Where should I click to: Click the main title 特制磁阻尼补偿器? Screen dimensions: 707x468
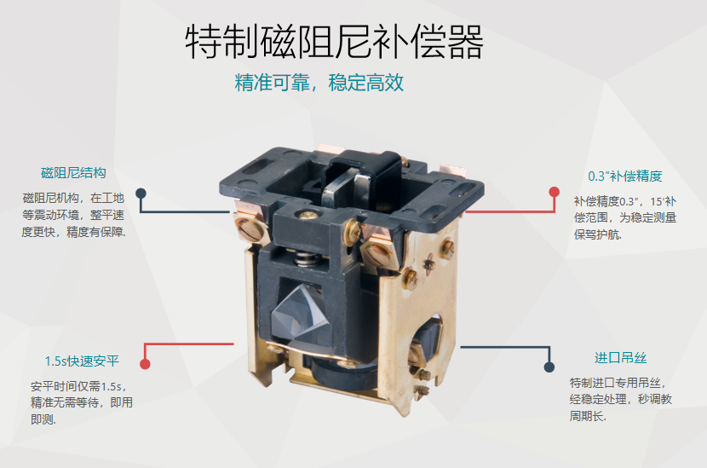pos(334,42)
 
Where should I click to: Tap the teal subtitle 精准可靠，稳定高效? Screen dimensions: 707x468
pos(319,83)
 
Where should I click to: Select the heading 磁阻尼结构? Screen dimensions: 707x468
pos(73,173)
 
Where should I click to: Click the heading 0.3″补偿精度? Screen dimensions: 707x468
pos(625,176)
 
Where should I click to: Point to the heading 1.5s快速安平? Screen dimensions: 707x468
pos(82,361)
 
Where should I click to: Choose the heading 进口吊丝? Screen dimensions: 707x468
pos(620,358)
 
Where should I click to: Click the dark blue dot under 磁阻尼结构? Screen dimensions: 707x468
pos(141,194)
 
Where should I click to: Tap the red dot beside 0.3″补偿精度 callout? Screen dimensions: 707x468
pos(555,192)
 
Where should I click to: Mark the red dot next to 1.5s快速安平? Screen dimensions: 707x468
pos(145,364)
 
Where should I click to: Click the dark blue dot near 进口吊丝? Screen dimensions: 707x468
pos(549,367)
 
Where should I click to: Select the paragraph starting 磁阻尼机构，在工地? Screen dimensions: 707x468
pos(73,215)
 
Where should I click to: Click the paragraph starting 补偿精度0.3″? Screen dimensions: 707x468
pos(625,217)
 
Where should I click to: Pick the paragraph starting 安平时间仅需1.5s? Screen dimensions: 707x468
pos(82,402)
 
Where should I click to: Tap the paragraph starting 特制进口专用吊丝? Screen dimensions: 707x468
pos(620,400)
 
